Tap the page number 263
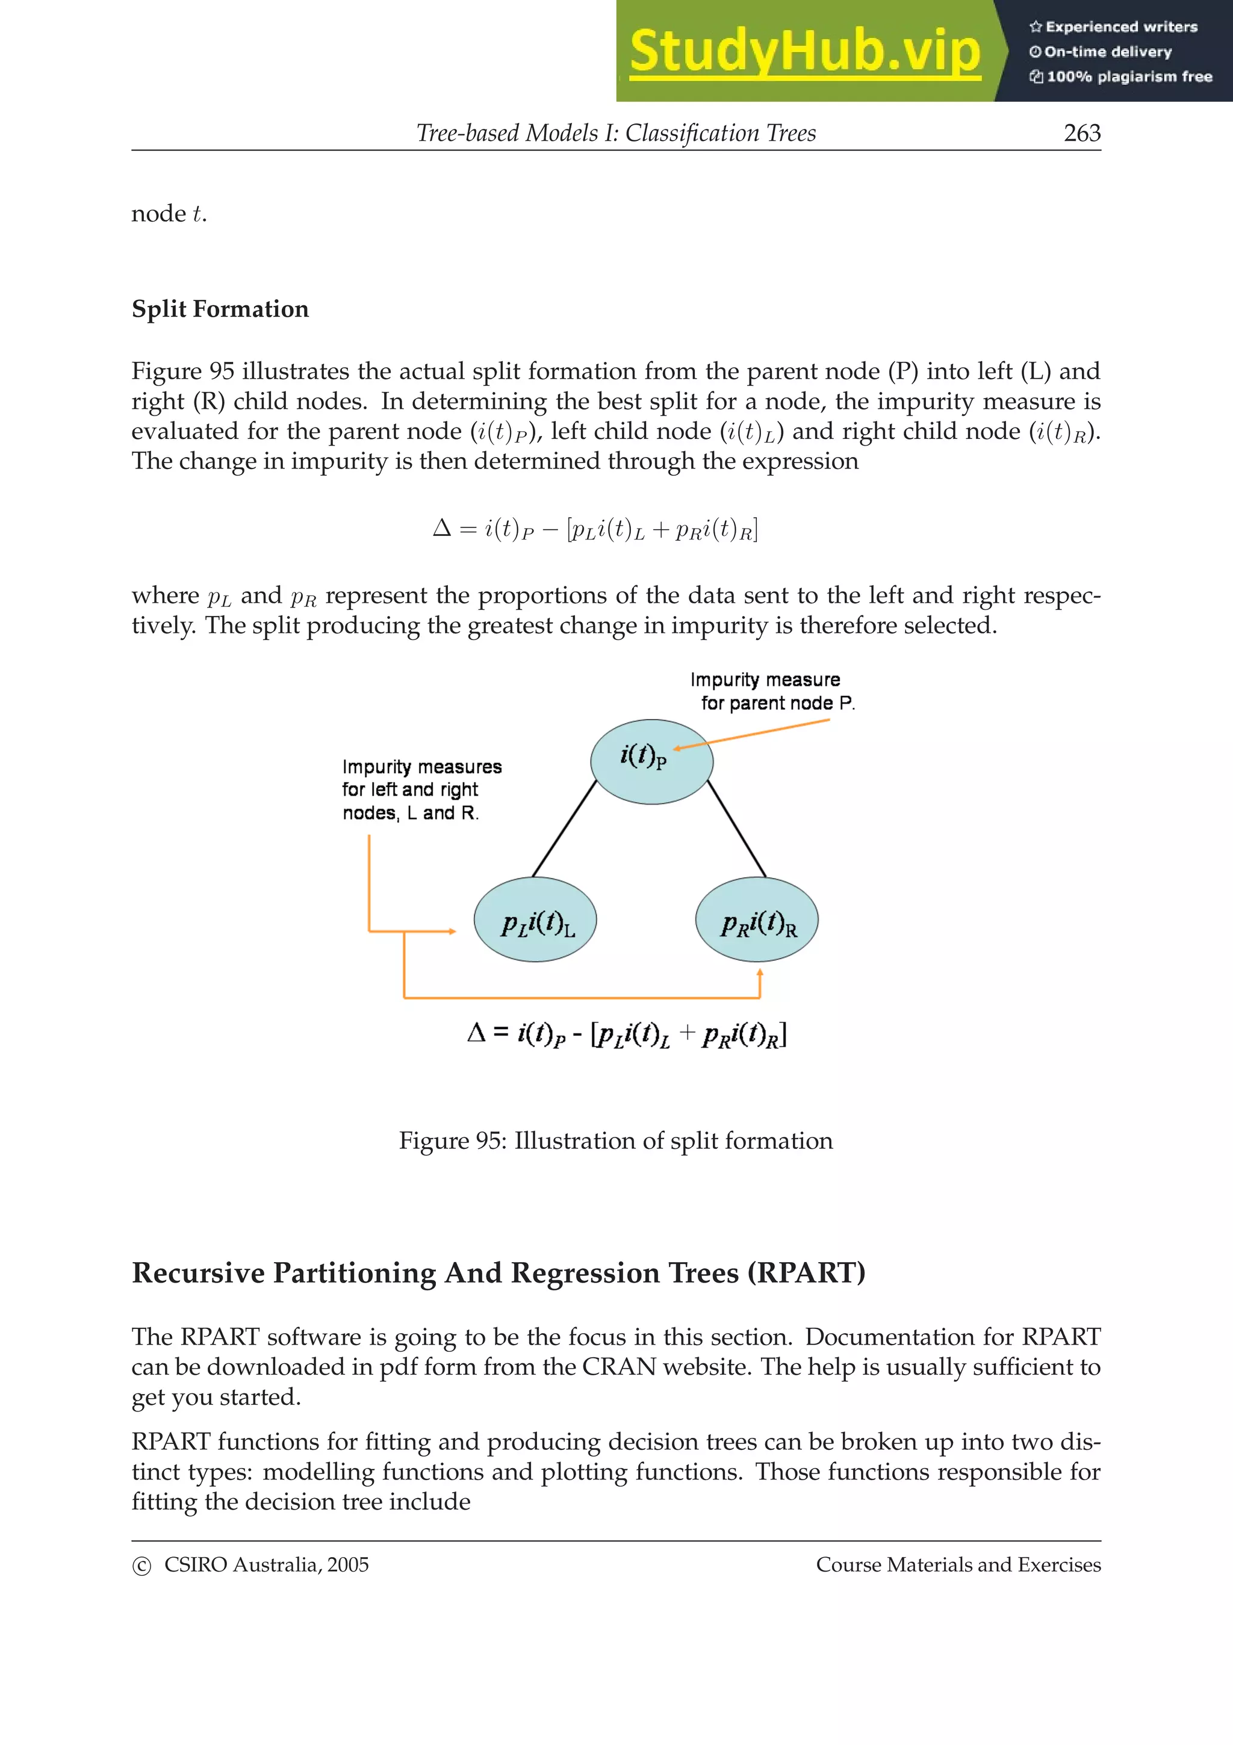point(1082,133)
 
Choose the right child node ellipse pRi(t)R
point(757,919)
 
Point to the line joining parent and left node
point(565,829)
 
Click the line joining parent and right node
point(736,829)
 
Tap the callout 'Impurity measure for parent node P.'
point(771,691)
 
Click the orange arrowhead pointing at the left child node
point(452,931)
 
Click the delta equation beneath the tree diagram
point(627,1034)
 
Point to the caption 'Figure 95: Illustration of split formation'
point(615,1141)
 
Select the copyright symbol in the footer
point(141,1566)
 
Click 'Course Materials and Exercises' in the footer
point(958,1564)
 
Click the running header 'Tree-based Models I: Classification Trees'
point(615,133)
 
